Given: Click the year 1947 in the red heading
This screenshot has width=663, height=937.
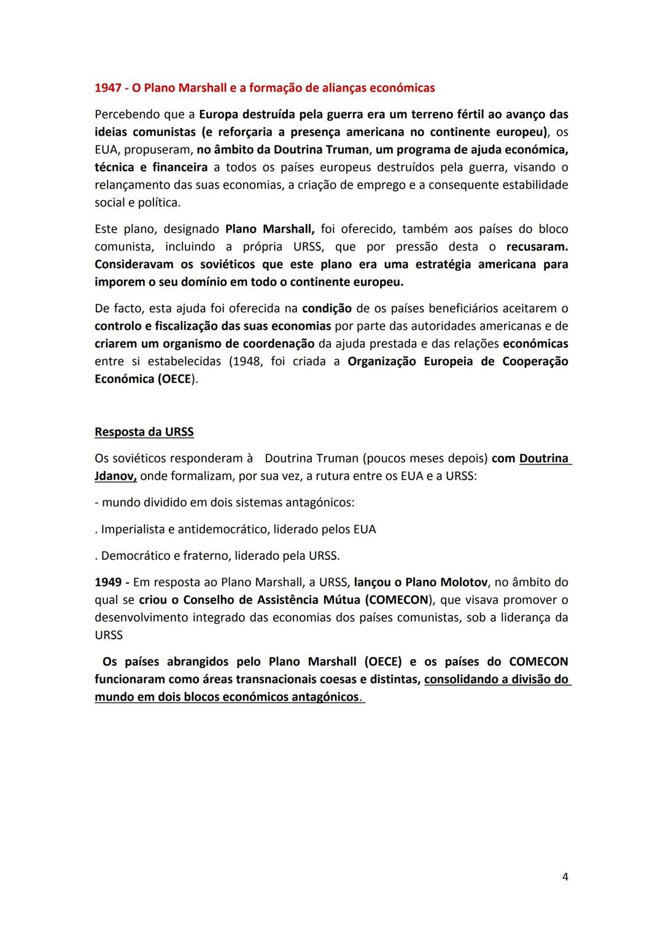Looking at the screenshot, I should [108, 88].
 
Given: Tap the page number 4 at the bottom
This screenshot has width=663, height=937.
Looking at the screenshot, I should [565, 877].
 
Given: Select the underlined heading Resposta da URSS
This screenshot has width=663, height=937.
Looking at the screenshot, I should [144, 432].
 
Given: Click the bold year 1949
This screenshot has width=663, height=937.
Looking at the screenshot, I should [107, 582].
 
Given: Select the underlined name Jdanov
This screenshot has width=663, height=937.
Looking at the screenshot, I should [115, 476].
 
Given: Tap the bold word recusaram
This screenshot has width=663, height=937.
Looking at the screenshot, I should [537, 247].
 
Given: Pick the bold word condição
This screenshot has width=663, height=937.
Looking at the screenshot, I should [327, 308].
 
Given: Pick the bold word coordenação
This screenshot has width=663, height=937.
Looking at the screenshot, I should [279, 344].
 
